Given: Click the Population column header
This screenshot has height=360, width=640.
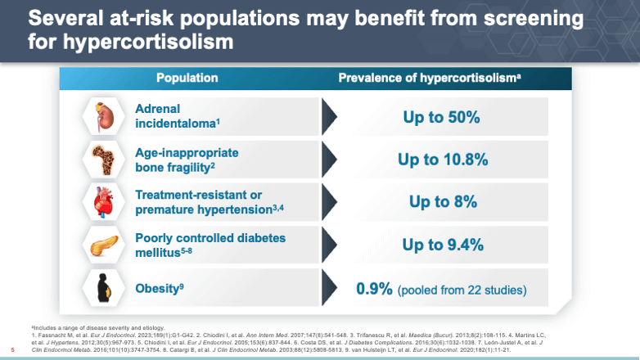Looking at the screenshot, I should pyautogui.click(x=187, y=79).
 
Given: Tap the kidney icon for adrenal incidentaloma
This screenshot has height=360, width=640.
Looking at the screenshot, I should pyautogui.click(x=101, y=116).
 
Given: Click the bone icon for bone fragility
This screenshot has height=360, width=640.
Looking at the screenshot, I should pyautogui.click(x=101, y=159).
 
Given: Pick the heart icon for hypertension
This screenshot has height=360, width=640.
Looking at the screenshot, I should pyautogui.click(x=101, y=201).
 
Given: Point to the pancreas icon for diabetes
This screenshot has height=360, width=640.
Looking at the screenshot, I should pyautogui.click(x=101, y=245).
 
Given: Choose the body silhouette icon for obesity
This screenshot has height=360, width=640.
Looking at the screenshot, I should pyautogui.click(x=101, y=288).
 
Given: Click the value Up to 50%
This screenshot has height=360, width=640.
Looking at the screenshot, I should pyautogui.click(x=441, y=117).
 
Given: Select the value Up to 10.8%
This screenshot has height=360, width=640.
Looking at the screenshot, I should pyautogui.click(x=442, y=160).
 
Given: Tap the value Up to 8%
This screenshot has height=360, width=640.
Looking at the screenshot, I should pyautogui.click(x=442, y=202).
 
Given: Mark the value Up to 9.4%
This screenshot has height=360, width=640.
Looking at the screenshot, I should pyautogui.click(x=442, y=245).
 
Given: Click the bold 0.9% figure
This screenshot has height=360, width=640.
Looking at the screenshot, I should pyautogui.click(x=374, y=289).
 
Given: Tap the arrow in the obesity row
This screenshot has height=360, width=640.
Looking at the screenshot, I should pyautogui.click(x=328, y=288).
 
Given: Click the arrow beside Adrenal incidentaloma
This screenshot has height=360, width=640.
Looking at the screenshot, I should pyautogui.click(x=328, y=116).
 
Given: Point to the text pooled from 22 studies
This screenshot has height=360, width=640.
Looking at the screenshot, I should pyautogui.click(x=462, y=290).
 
